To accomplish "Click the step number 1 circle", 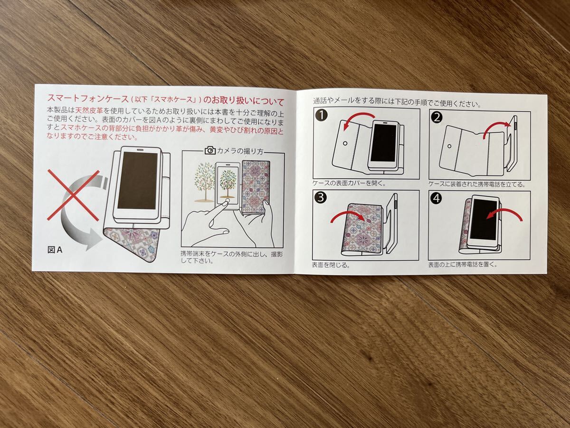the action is pyautogui.click(x=322, y=116).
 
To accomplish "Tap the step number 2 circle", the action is pyautogui.click(x=437, y=117).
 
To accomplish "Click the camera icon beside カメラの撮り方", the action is pyautogui.click(x=210, y=151).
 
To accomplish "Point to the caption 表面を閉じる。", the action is pyautogui.click(x=331, y=265).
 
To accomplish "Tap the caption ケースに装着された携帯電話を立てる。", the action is pyautogui.click(x=470, y=184).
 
